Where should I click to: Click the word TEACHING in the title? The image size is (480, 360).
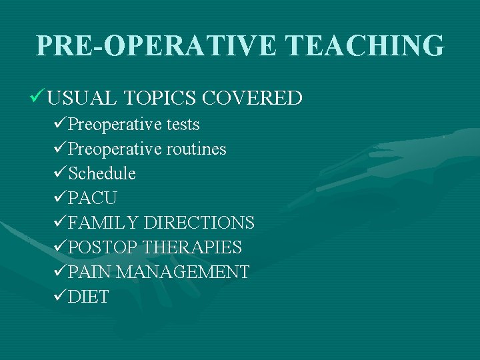[364, 45]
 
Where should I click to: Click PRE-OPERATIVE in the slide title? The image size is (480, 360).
[155, 45]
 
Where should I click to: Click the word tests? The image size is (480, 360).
[183, 125]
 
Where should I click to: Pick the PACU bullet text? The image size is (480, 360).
[93, 199]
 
